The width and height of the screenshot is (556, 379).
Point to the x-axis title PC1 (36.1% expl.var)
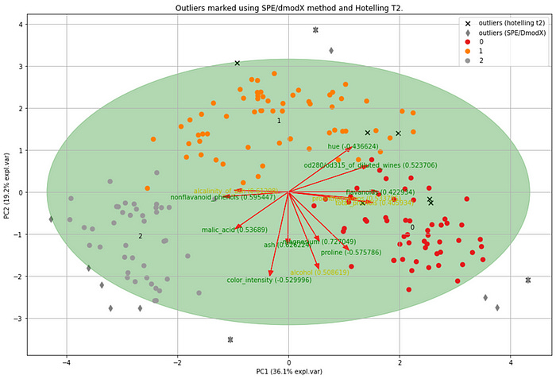(288, 372)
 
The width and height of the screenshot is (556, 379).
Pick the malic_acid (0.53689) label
(229, 230)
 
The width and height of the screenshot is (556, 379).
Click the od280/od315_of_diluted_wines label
(370, 165)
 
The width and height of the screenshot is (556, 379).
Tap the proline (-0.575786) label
(351, 252)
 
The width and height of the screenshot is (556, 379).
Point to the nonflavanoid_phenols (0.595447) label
(222, 197)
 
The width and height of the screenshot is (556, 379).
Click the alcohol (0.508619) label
(319, 272)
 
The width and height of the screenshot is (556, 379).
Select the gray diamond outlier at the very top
(315, 30)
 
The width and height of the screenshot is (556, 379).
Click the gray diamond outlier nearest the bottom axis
(230, 339)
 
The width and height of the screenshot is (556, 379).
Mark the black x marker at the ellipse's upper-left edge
(237, 63)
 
